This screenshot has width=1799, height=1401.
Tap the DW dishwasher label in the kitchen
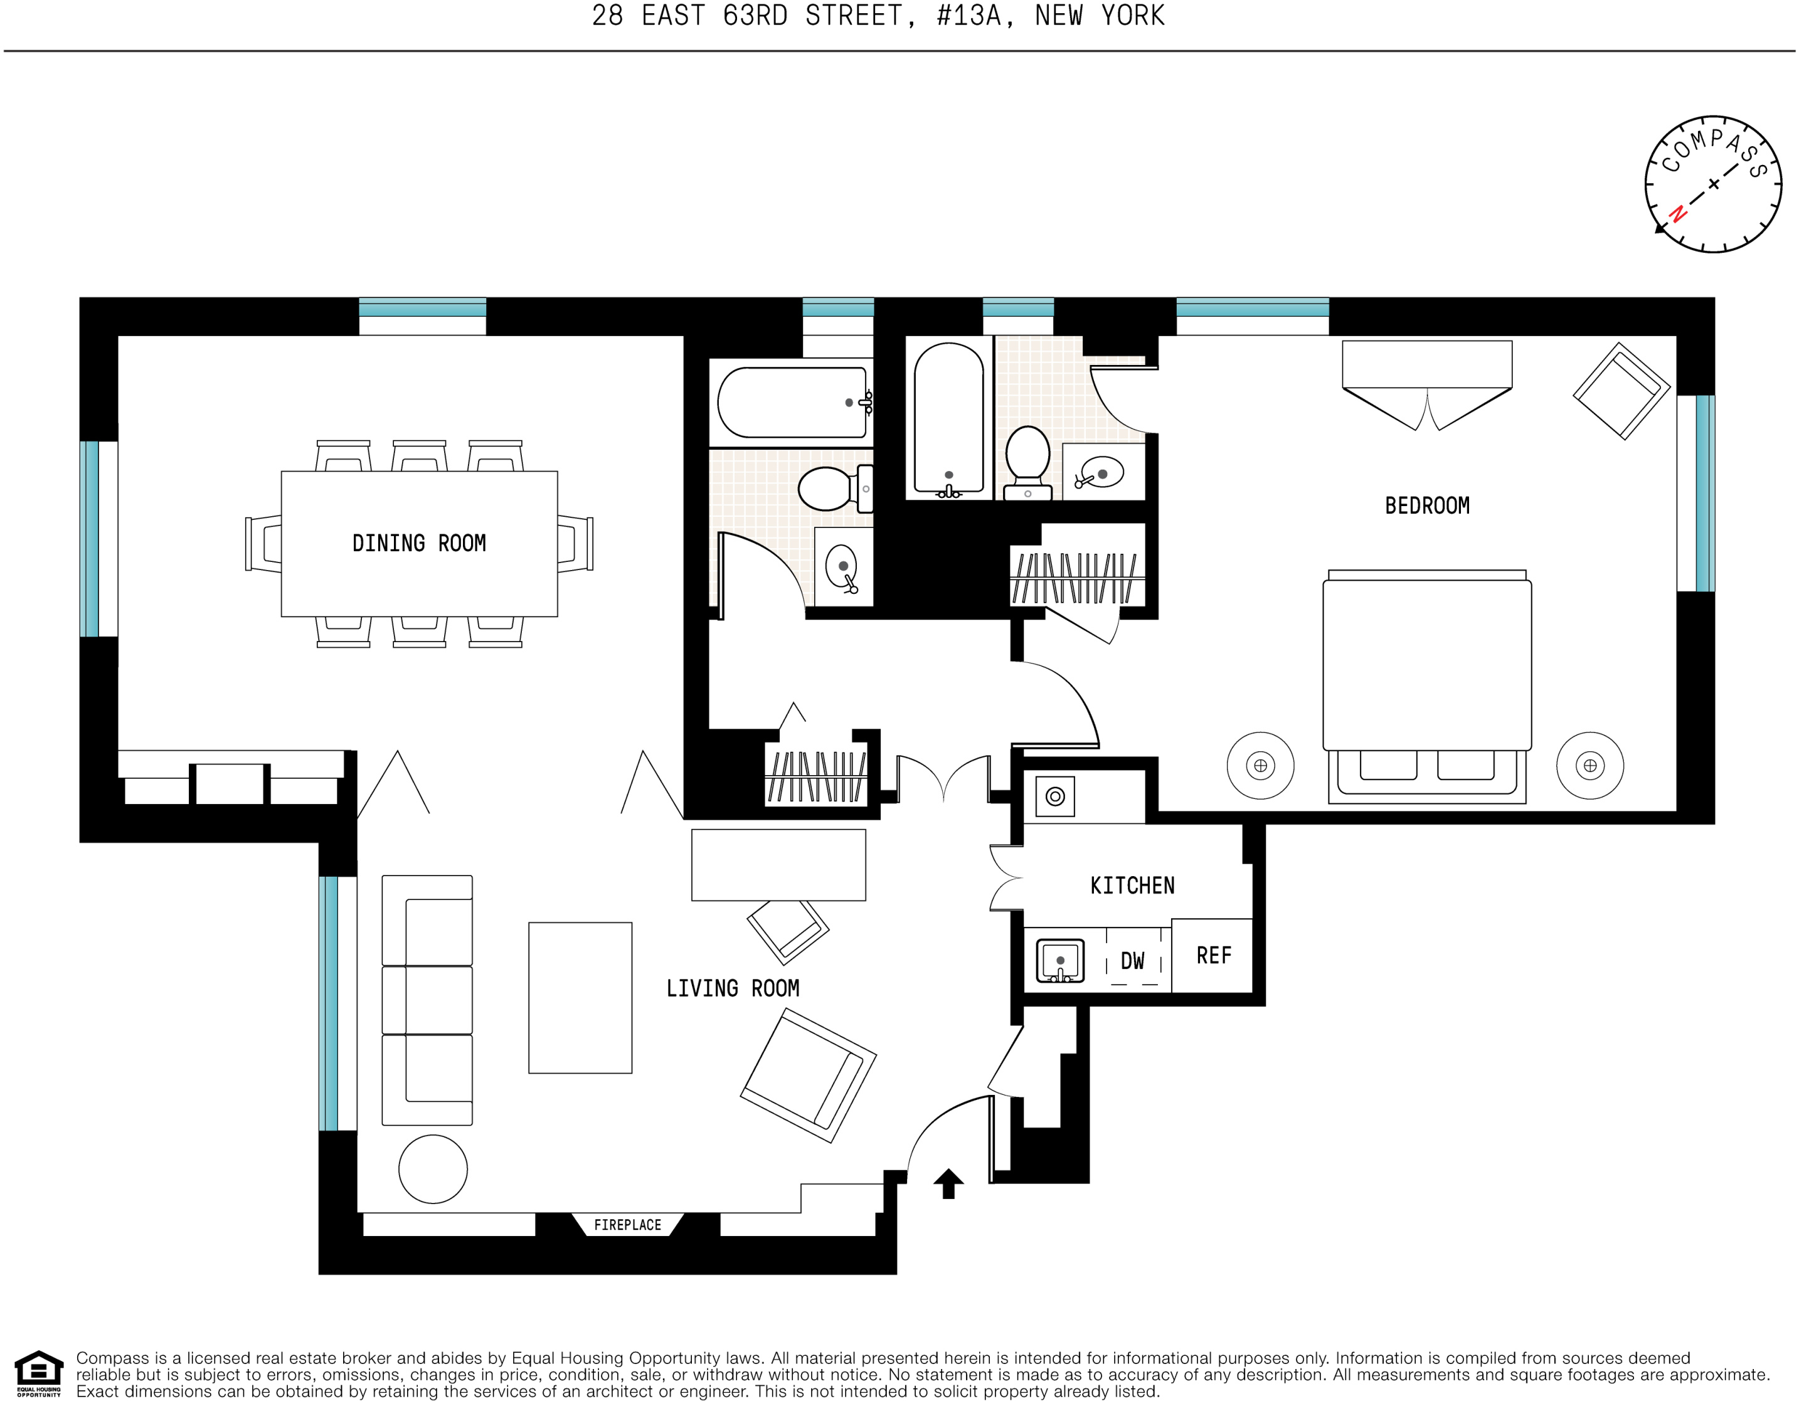(x=1133, y=960)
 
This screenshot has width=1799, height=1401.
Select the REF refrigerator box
(x=1213, y=955)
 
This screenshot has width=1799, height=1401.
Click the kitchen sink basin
(x=1059, y=960)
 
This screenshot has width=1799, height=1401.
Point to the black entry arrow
(x=948, y=1183)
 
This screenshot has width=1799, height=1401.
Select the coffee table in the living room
(x=580, y=997)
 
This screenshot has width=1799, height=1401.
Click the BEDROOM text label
(x=1426, y=505)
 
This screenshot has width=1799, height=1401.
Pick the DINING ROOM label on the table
(x=419, y=544)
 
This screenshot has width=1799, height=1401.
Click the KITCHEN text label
(x=1133, y=886)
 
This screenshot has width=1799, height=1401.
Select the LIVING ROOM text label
(x=732, y=988)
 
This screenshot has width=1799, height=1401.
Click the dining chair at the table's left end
(x=263, y=544)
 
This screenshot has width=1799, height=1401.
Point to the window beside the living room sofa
(x=337, y=1003)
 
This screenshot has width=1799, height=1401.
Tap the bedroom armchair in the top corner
(x=1621, y=391)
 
